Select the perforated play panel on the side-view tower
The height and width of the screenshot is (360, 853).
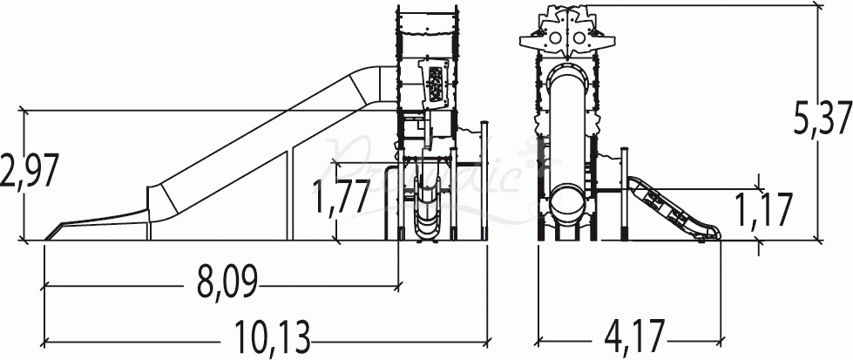pyautogui.click(x=436, y=83)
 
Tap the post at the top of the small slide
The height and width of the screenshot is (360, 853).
pyautogui.click(x=624, y=192)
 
